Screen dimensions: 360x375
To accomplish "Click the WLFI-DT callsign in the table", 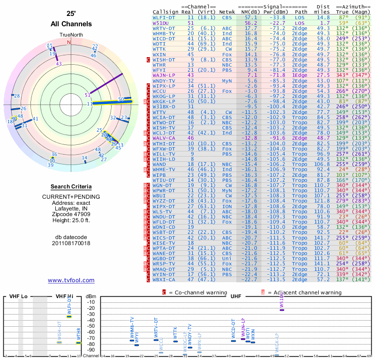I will (x=164, y=17).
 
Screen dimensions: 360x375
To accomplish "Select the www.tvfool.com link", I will (x=71, y=280).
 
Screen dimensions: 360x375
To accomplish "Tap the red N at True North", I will (x=69, y=42).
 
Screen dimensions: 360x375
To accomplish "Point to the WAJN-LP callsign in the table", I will (x=164, y=75).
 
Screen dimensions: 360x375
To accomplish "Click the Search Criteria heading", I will (x=71, y=187).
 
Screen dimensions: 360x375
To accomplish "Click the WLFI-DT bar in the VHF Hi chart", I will (x=69, y=316).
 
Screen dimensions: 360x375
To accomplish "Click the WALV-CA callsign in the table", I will (x=164, y=138).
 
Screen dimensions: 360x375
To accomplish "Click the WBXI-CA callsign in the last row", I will (x=164, y=280).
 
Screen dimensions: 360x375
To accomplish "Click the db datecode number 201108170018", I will (x=71, y=243).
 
